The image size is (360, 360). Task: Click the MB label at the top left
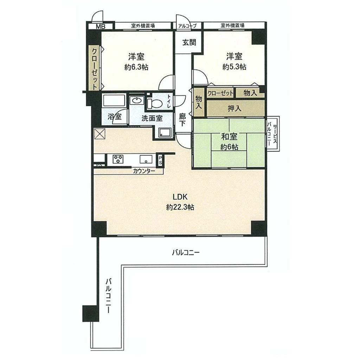coord(100,26)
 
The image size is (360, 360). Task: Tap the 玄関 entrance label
coord(189,43)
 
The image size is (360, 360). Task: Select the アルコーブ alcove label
coord(188,26)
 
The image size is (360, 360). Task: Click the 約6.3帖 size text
coord(136,67)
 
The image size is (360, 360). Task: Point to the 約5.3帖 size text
coord(234,67)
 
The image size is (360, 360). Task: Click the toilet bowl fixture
coord(155,103)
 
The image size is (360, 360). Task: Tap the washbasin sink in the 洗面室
coord(137,101)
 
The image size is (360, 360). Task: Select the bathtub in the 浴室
coord(114,101)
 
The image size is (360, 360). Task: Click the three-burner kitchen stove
coord(118,159)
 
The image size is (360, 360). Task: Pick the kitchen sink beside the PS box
coord(146,159)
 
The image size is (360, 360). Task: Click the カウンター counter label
coord(144,171)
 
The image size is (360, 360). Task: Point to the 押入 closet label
coord(234,108)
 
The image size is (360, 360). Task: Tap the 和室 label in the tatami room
coord(229,137)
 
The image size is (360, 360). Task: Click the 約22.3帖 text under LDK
coord(180,207)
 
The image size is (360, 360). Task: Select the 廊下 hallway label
coord(182,120)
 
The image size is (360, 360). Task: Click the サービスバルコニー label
coord(272,133)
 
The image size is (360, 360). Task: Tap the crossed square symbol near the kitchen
coord(100,133)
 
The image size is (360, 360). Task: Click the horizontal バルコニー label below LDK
coord(186,253)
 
